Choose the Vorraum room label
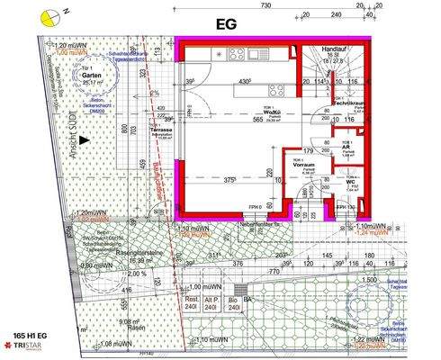pos(302,165)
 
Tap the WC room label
pos(347,184)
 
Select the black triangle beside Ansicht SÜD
pos(82,140)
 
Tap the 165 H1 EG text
pos(30,334)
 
